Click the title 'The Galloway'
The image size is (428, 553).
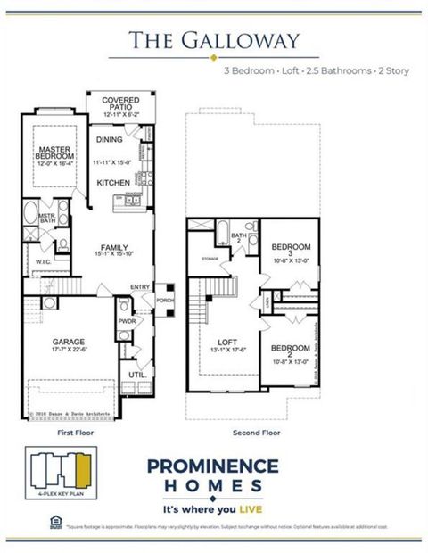[211, 40]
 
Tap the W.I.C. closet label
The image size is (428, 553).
[43, 262]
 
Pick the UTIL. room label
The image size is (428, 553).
[136, 376]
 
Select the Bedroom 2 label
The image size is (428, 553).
[289, 348]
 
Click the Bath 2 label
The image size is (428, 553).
[239, 237]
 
